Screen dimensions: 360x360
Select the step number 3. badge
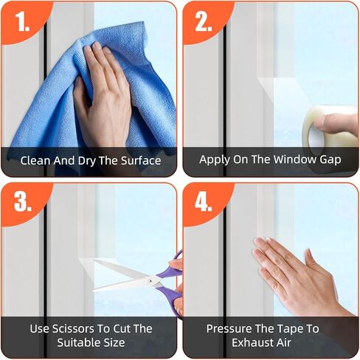(x=21, y=201)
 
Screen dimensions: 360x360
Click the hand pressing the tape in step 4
(x=295, y=269)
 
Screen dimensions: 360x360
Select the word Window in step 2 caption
(x=292, y=159)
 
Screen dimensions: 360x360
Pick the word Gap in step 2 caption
(x=329, y=160)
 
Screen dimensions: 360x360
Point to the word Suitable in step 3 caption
(x=68, y=343)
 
